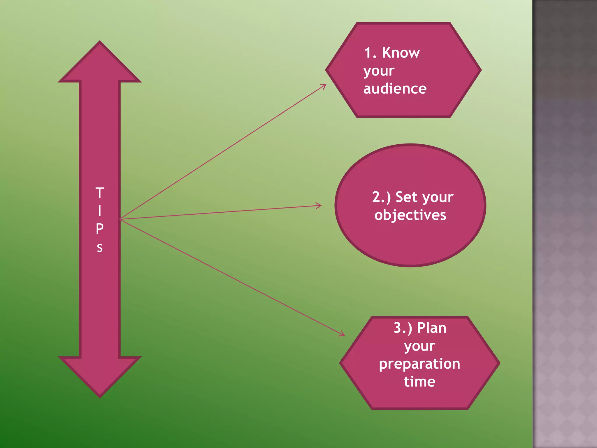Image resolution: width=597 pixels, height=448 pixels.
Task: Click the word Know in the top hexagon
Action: click(x=401, y=53)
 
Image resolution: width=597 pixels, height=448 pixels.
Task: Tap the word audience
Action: click(x=395, y=89)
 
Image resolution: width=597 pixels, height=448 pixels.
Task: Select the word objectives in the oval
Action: click(x=410, y=215)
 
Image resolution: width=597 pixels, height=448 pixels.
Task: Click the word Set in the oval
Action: click(x=406, y=197)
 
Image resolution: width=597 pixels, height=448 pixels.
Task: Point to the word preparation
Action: click(x=419, y=364)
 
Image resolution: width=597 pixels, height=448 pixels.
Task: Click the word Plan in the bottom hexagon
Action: click(x=431, y=328)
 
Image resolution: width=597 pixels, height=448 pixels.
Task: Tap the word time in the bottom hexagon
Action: click(x=419, y=382)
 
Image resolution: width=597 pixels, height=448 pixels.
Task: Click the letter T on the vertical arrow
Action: click(x=100, y=193)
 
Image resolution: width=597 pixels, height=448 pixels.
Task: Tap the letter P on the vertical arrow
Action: click(x=100, y=229)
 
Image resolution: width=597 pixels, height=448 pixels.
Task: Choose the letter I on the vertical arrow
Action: click(x=100, y=211)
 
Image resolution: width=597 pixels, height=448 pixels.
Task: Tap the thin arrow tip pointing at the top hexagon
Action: click(x=325, y=85)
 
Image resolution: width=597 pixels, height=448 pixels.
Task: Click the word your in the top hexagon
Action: click(x=379, y=71)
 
